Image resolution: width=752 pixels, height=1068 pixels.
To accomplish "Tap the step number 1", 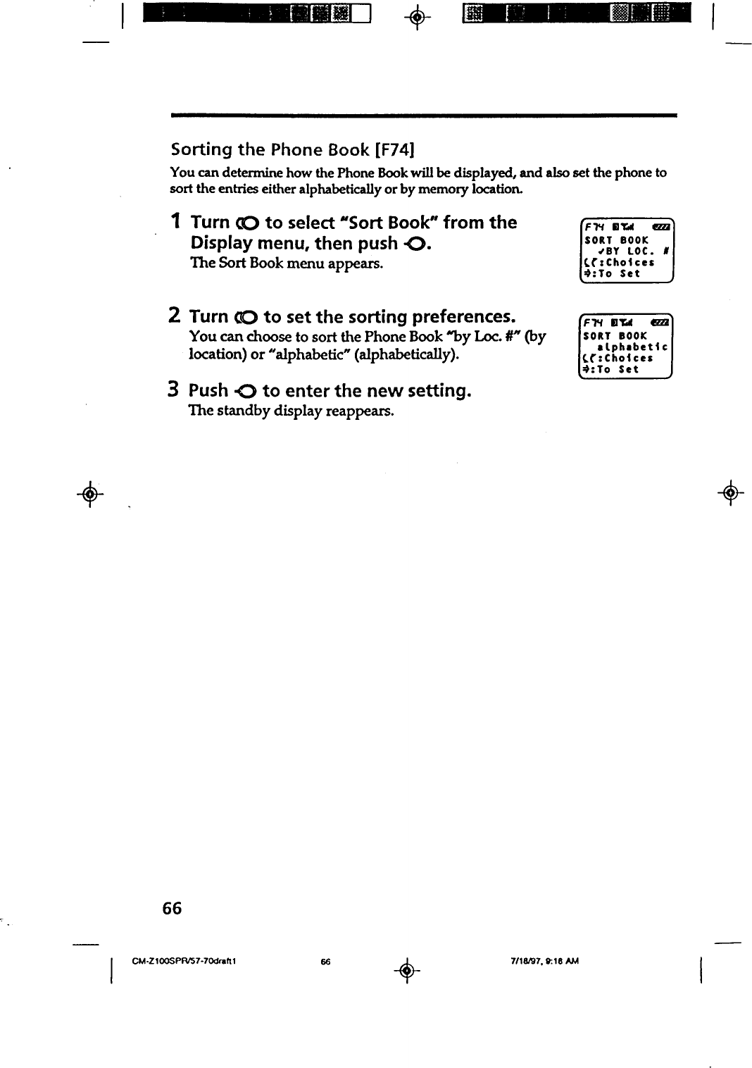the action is coord(176,221).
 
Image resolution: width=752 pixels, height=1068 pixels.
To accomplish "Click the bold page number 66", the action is coord(172,908).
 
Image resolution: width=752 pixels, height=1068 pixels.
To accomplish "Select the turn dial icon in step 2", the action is coord(247,317).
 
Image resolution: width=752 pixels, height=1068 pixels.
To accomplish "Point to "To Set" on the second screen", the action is coord(619,369).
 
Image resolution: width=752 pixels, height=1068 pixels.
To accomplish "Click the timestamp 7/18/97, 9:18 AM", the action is coord(544,961).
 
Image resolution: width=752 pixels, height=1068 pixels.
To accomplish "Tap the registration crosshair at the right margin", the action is coord(731,491).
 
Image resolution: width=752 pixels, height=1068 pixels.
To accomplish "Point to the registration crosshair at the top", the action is coord(417,14).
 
